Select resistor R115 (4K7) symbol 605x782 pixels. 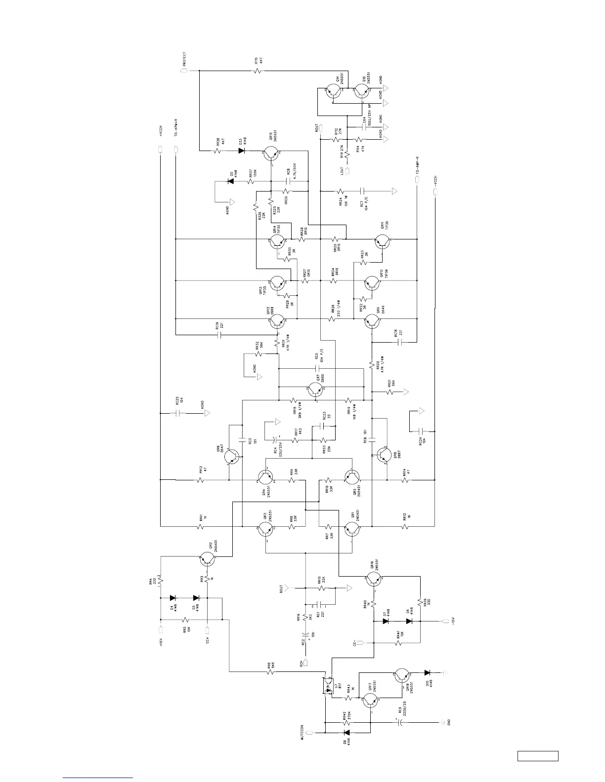(257, 71)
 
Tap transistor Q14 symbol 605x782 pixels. (334, 91)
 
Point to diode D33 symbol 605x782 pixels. (242, 150)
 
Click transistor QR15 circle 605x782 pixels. (271, 154)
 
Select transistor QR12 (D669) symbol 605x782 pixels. (277, 322)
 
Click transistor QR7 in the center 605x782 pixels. (315, 390)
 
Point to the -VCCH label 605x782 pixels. (435, 182)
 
